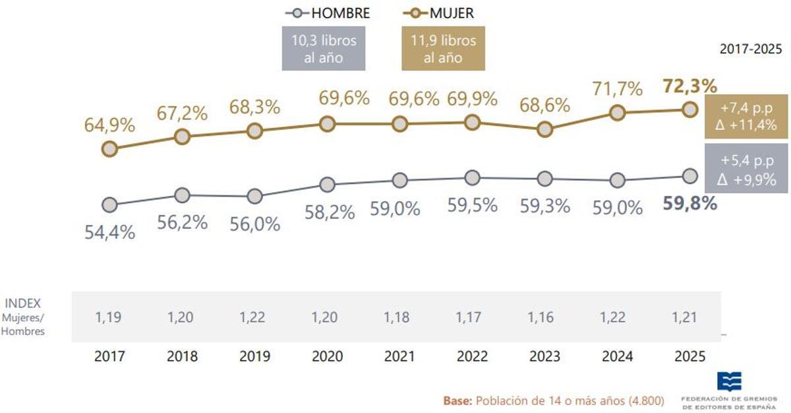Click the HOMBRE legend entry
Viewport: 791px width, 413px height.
point(327,13)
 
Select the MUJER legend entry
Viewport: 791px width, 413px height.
point(438,13)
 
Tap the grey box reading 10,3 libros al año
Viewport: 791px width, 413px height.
point(324,49)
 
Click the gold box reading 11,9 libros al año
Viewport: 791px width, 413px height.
point(443,49)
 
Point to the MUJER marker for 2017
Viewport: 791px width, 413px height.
point(109,149)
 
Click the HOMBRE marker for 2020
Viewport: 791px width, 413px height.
point(326,185)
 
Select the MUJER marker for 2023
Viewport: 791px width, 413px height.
point(544,129)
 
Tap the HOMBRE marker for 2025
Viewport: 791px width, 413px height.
point(689,175)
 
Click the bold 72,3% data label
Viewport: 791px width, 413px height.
point(689,86)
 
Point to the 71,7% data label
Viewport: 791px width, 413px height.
point(616,88)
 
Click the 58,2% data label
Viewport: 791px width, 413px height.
point(330,212)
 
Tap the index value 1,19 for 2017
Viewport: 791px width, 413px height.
point(109,317)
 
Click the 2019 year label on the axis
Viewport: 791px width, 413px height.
point(254,356)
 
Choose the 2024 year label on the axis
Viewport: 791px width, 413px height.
point(617,356)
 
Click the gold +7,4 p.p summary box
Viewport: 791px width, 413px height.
point(747,117)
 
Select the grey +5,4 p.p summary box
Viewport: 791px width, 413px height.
point(747,170)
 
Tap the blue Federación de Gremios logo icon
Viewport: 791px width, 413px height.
point(729,381)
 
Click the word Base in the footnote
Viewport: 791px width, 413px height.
point(457,400)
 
